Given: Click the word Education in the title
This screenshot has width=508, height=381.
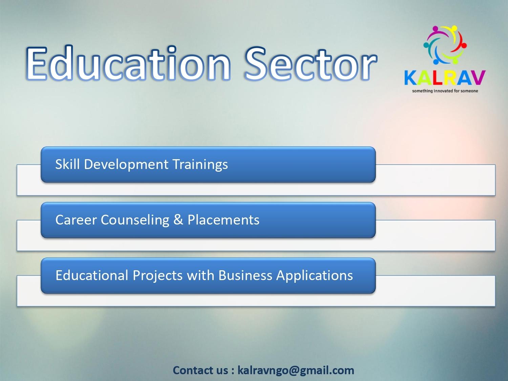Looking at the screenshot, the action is point(129,63).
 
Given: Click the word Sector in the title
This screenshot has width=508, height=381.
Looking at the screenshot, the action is point(311,64).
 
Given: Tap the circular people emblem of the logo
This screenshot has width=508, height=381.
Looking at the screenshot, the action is point(445,45).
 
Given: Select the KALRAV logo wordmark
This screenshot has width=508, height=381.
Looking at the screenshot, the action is point(445,78).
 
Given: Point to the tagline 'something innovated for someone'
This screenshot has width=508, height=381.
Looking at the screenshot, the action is point(445,91).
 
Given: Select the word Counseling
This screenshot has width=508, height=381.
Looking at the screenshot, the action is point(135,220).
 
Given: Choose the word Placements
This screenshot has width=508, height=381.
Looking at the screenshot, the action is point(223,220).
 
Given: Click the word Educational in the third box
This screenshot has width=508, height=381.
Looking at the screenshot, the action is point(92,275).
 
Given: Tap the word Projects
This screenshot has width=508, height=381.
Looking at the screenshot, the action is point(157,276).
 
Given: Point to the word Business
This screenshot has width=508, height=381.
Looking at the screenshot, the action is point(245,275).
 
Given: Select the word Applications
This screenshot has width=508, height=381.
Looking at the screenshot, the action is point(315,276).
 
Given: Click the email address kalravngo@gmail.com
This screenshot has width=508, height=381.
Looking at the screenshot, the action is point(296,371).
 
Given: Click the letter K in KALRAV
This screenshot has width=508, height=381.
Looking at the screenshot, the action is point(410,78).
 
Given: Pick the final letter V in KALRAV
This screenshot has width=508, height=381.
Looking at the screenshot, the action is point(479,78).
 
